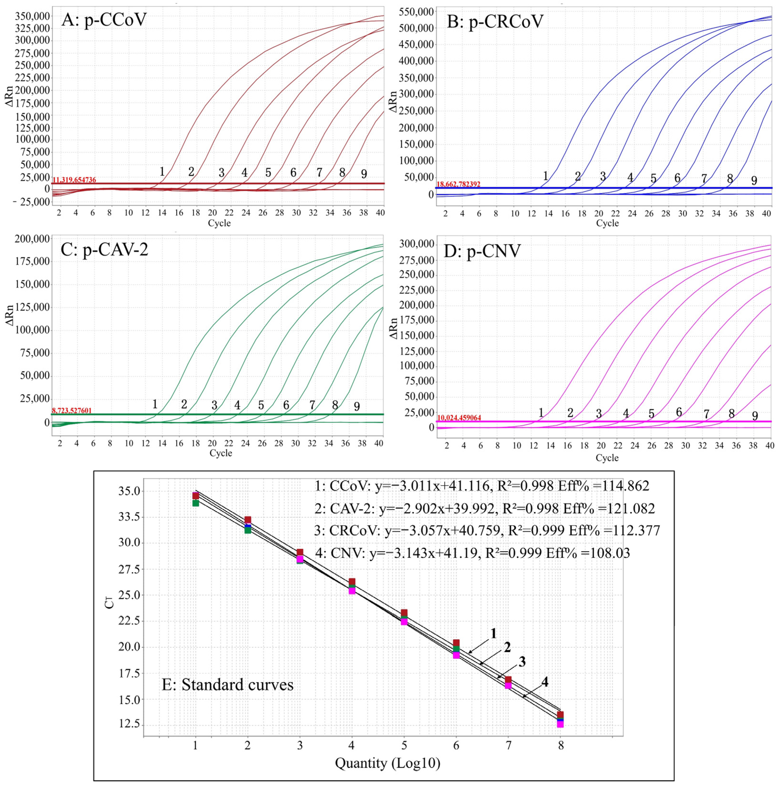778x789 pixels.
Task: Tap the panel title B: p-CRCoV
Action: click(x=495, y=21)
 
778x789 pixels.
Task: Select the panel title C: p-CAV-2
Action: click(x=104, y=249)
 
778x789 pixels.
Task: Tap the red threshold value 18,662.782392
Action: click(x=458, y=184)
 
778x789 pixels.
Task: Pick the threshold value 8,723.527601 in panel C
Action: click(x=71, y=411)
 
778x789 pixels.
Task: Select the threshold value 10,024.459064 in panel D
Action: click(x=459, y=418)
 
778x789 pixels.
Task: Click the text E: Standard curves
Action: click(x=228, y=684)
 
